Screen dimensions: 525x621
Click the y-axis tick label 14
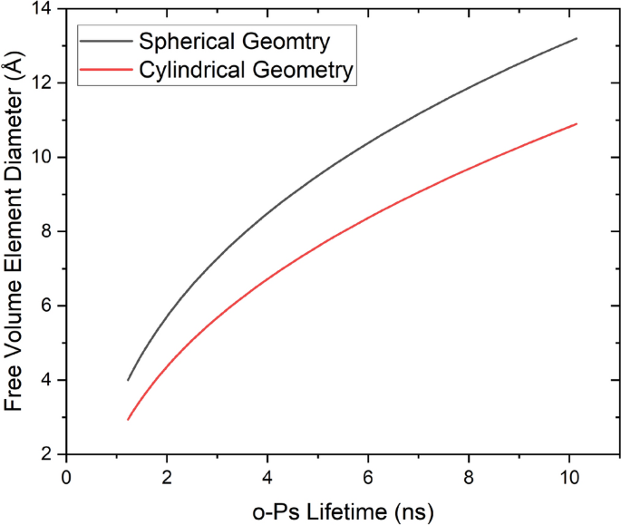click(x=43, y=10)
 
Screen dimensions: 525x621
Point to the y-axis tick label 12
click(x=43, y=83)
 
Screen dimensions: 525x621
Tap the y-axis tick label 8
click(x=48, y=231)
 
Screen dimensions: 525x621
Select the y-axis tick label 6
click(x=48, y=306)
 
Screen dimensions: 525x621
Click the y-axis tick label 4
click(x=48, y=380)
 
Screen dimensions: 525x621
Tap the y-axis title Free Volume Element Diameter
click(x=15, y=231)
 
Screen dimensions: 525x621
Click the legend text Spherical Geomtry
click(x=233, y=42)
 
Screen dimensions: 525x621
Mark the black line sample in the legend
click(x=106, y=42)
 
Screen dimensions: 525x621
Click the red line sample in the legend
click(x=106, y=69)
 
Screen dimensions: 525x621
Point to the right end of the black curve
click(x=577, y=39)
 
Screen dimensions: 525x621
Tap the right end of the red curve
click(x=577, y=123)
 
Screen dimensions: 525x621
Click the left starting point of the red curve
click(x=128, y=420)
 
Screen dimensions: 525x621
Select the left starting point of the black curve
click(x=128, y=380)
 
